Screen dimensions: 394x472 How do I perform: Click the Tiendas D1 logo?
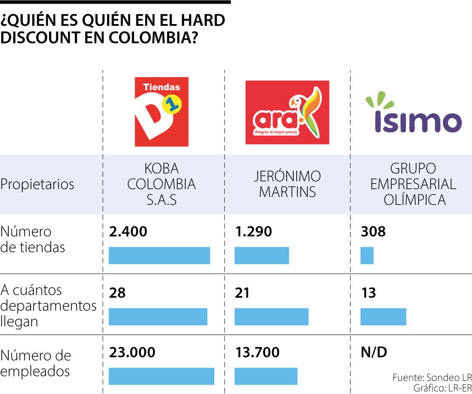[x=161, y=112]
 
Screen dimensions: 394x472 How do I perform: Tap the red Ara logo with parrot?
[x=287, y=113]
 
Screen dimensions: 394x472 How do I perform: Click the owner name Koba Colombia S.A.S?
[x=161, y=184]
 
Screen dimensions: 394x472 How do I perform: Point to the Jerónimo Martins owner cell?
[x=287, y=184]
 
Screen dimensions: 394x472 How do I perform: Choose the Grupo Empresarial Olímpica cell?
[x=413, y=184]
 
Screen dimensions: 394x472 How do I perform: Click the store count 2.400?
[x=128, y=232]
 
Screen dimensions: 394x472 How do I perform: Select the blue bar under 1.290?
[x=261, y=256]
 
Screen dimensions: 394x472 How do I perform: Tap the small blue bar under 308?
[x=367, y=256]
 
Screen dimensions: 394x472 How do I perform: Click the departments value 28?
[x=117, y=293]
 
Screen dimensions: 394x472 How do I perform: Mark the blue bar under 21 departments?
[x=271, y=317]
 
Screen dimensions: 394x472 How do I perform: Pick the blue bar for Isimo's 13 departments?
[x=383, y=317]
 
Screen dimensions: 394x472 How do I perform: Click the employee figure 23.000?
[x=132, y=352]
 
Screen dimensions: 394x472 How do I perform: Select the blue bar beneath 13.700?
[x=266, y=376]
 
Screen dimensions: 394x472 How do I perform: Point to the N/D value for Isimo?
[x=374, y=352]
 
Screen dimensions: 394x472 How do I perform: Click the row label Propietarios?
[x=37, y=184]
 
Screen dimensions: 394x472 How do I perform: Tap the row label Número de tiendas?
[x=33, y=239]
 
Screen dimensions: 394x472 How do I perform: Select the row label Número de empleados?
[x=35, y=363]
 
